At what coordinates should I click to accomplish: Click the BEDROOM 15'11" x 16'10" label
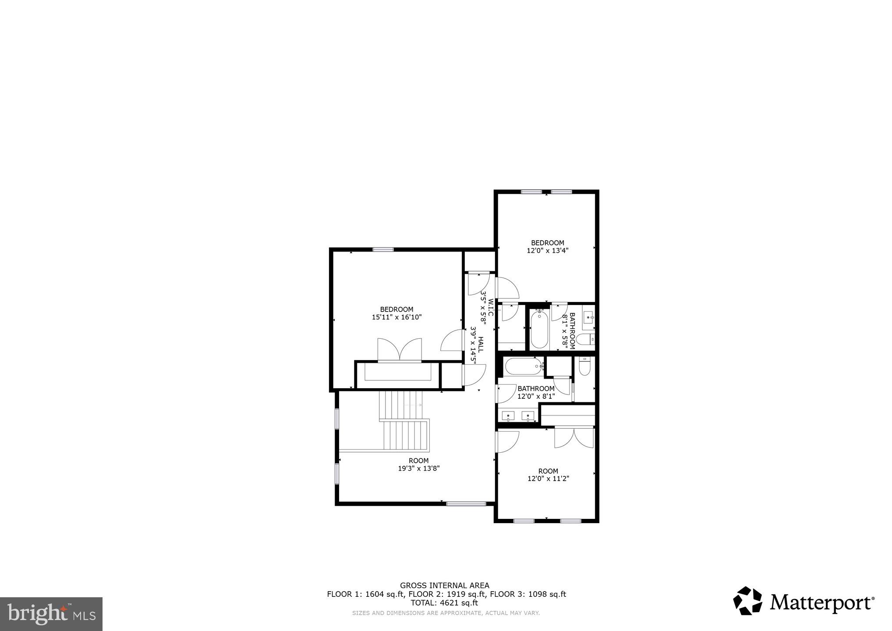coord(396,313)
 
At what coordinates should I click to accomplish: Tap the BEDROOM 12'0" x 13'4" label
coord(547,247)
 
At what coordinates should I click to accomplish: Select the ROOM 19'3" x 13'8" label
coord(418,464)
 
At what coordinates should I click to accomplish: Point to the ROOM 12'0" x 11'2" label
coord(548,475)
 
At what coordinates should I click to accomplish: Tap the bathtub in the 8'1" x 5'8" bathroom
coord(539,330)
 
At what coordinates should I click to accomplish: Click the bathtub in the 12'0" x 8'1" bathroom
coord(522,366)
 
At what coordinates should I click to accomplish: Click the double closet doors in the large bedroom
coord(400,350)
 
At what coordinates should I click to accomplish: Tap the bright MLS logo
coord(51,614)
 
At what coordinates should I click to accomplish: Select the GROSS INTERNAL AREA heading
coord(444,585)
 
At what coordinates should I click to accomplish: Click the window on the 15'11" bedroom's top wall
coord(383,250)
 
